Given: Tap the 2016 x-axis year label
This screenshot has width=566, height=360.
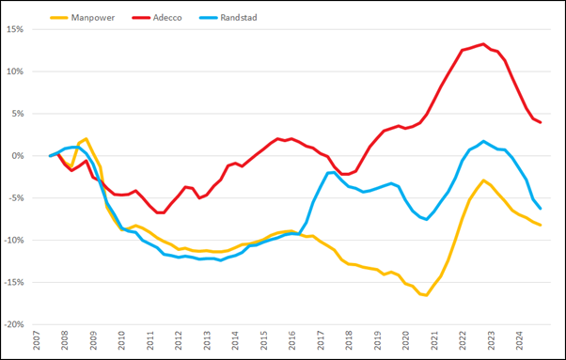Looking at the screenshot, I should pyautogui.click(x=292, y=340).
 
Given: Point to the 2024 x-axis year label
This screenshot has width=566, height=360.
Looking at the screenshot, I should pyautogui.click(x=520, y=340).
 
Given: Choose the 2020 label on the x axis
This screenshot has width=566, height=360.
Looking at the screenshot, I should pyautogui.click(x=406, y=340).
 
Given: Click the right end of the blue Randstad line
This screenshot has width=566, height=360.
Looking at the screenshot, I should pyautogui.click(x=540, y=208).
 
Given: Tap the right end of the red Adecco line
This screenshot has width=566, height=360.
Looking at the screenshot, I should pyautogui.click(x=540, y=123).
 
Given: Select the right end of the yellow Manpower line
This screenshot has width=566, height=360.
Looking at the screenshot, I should pyautogui.click(x=540, y=225).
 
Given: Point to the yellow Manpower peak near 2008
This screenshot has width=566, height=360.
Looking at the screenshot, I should pyautogui.click(x=86, y=139).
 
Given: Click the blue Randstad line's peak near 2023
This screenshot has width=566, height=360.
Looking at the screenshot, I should pyautogui.click(x=483, y=142).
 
